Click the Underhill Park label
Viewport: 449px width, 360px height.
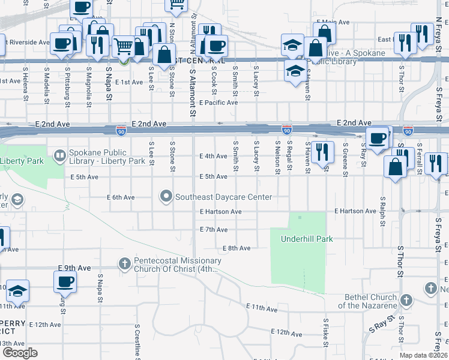click(x=307, y=239)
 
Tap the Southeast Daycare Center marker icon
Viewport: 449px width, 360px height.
click(x=166, y=197)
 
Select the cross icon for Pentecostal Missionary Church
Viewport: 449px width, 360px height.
click(x=125, y=263)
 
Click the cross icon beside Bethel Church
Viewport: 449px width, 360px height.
click(x=406, y=300)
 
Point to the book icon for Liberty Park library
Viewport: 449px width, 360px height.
click(x=60, y=157)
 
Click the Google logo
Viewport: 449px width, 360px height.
click(x=20, y=353)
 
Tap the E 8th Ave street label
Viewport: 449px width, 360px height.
click(x=236, y=248)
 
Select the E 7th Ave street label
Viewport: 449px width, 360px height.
click(x=214, y=230)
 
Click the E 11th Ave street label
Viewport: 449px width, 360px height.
click(x=262, y=308)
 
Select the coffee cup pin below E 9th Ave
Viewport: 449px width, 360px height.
click(x=65, y=281)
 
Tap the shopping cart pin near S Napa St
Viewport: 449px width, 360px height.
click(x=123, y=46)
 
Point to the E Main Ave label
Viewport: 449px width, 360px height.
click(x=333, y=22)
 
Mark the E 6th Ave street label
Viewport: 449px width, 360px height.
click(x=121, y=197)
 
